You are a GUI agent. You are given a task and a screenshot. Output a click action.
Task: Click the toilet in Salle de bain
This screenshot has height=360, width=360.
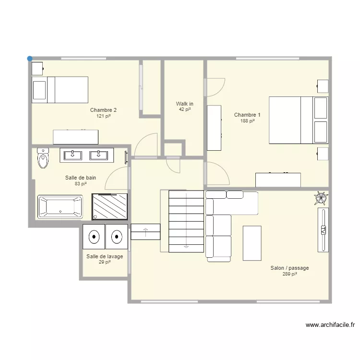tap(43, 158)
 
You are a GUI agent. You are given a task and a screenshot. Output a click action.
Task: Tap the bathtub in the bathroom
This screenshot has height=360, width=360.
tap(60, 206)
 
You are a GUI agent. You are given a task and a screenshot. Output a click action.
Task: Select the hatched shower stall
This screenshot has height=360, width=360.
tap(110, 206)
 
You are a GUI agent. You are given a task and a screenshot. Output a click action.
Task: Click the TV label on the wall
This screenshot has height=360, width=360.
tap(323, 230)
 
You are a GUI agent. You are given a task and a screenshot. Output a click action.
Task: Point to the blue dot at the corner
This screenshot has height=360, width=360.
tap(30, 59)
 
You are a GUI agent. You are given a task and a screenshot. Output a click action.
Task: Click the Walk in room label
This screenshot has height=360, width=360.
tap(185, 104)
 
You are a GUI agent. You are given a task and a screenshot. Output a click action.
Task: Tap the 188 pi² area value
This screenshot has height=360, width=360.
tap(247, 121)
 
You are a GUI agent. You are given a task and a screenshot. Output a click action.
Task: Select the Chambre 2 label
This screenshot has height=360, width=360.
tap(103, 110)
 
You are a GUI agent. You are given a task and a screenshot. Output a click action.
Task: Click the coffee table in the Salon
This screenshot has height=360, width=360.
tap(252, 243)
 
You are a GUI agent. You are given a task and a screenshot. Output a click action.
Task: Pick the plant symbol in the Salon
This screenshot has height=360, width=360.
tap(321, 198)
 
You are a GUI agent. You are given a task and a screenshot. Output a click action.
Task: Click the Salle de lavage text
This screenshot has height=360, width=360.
tap(105, 256)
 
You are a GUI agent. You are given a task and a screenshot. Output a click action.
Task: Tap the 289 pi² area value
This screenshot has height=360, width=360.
tap(290, 274)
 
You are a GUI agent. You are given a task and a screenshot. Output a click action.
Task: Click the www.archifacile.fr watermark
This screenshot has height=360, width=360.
tap(330, 325)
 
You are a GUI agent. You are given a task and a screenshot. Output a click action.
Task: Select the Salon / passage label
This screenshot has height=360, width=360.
tap(289, 268)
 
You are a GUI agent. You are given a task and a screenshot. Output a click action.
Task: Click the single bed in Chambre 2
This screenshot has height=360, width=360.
tap(60, 90)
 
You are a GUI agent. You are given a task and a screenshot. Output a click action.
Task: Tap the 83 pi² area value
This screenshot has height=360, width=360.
tap(81, 184)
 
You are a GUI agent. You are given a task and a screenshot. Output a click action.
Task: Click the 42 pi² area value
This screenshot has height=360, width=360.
tap(185, 109)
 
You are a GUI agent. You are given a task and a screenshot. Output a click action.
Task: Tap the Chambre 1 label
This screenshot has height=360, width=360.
tap(247, 115)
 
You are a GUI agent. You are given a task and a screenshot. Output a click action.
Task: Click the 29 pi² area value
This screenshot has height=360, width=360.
tap(105, 262)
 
